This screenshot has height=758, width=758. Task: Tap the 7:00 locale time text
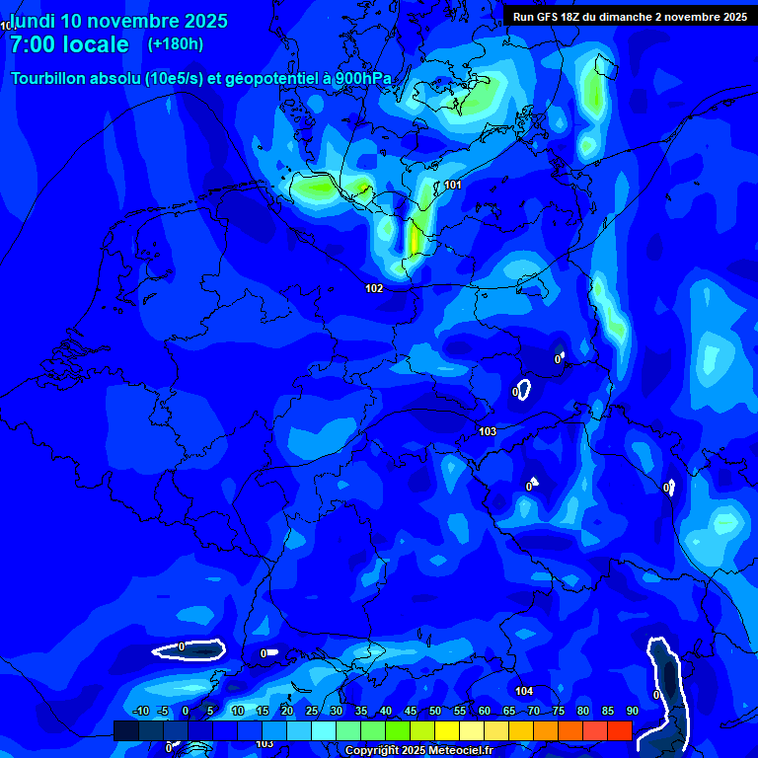pyautogui.click(x=69, y=44)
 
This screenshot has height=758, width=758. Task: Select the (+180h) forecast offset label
pyautogui.click(x=176, y=44)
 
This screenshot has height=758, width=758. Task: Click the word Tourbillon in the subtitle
pyautogui.click(x=48, y=79)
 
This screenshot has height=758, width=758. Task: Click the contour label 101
pyautogui.click(x=453, y=185)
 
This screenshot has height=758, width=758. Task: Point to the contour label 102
pyautogui.click(x=374, y=288)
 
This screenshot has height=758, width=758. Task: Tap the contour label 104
pyautogui.click(x=524, y=691)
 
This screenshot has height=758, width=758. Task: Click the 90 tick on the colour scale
pyautogui.click(x=632, y=711)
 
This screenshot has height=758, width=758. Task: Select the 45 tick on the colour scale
pyautogui.click(x=411, y=711)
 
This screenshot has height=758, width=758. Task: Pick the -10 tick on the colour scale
pyautogui.click(x=141, y=711)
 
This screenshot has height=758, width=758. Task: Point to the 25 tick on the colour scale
pyautogui.click(x=311, y=711)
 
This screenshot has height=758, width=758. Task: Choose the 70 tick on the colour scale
pyautogui.click(x=533, y=711)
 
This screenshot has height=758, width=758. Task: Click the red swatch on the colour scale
pyautogui.click(x=619, y=730)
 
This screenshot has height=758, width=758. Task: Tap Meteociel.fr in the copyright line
pyautogui.click(x=460, y=751)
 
